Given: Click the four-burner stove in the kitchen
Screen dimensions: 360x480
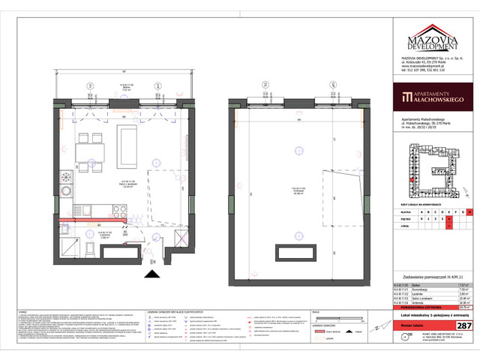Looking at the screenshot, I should tap(65, 181).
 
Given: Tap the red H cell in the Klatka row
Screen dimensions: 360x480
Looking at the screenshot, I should tap(460, 212).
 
